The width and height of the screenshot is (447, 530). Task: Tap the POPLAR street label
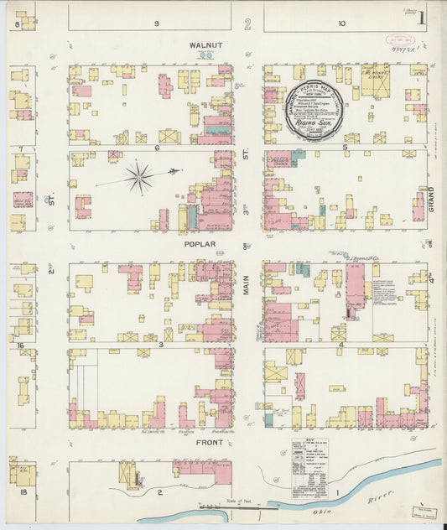pyautogui.click(x=202, y=244)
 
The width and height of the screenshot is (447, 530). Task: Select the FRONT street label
pyautogui.click(x=210, y=442)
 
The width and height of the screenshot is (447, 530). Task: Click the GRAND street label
pyautogui.click(x=432, y=198)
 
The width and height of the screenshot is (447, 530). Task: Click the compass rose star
pyautogui.click(x=139, y=177)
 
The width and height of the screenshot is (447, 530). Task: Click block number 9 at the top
pyautogui.click(x=157, y=23)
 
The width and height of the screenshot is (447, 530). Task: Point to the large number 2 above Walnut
pyautogui.click(x=247, y=23)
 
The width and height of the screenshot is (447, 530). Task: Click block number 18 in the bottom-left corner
pyautogui.click(x=23, y=491)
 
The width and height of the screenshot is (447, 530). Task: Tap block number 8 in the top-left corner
pyautogui.click(x=16, y=25)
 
